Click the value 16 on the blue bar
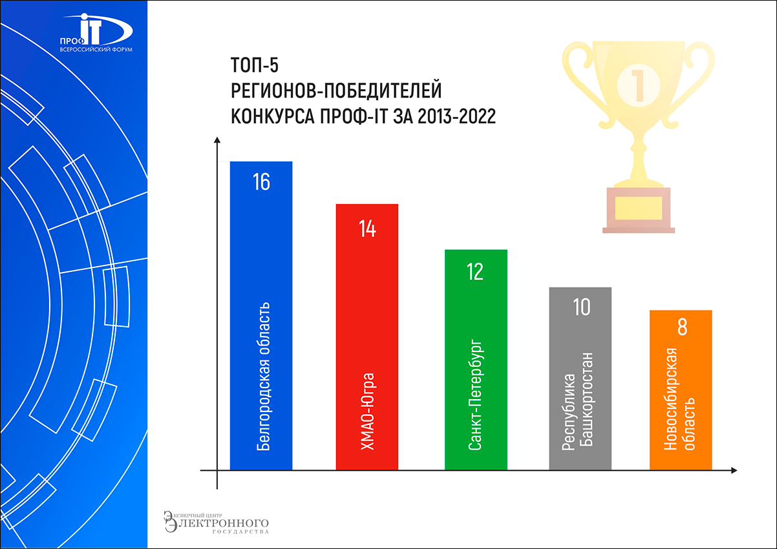point(261,182)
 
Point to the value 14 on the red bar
point(367,229)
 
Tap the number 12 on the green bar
point(475,272)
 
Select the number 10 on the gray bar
point(581,307)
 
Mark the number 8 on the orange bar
point(681,327)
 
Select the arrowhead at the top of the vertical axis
point(218,140)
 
